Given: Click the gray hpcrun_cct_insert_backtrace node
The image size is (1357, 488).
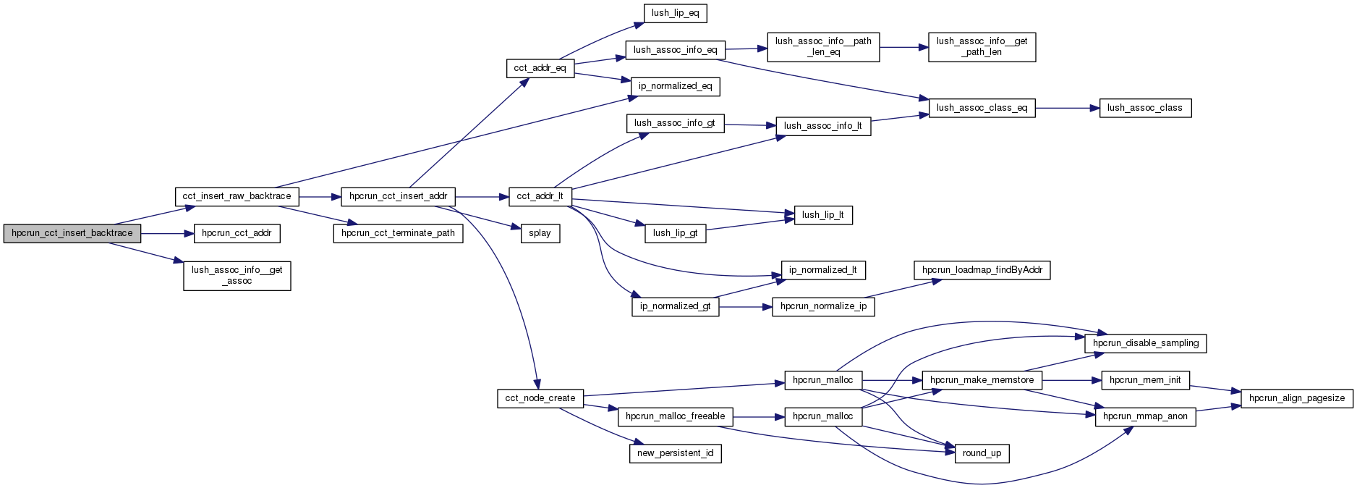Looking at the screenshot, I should coord(72,233).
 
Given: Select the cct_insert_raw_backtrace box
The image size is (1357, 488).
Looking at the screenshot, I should coord(237,196).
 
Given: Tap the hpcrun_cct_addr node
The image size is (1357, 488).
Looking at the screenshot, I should coord(237,233).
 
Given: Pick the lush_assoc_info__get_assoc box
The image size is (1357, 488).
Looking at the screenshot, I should coord(237,275).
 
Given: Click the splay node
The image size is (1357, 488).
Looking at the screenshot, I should coord(540,233).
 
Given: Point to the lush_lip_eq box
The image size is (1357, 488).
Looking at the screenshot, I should coord(675,13).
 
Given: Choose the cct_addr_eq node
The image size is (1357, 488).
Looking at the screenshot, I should coord(540,69).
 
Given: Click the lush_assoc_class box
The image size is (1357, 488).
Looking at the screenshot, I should coord(1144,108).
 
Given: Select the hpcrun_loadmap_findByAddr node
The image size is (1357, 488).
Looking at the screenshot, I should coord(982,270).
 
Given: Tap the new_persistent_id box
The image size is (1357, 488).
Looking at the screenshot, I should coord(675,453).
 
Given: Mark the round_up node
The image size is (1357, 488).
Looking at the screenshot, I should coord(982,453).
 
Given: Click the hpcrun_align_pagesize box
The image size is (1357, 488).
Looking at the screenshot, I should coord(1296,398).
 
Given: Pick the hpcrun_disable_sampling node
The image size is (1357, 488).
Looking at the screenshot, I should coord(1145,343).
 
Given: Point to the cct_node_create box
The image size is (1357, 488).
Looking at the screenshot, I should coord(540,398).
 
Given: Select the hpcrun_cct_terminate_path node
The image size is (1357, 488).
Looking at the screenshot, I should coord(398,233).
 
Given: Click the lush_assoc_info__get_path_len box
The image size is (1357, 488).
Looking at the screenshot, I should coord(982,46).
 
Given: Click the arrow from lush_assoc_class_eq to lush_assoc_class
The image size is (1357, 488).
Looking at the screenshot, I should coord(1067,108).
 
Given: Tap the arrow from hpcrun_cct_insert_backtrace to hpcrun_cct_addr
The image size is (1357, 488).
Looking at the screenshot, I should coord(167,233).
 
